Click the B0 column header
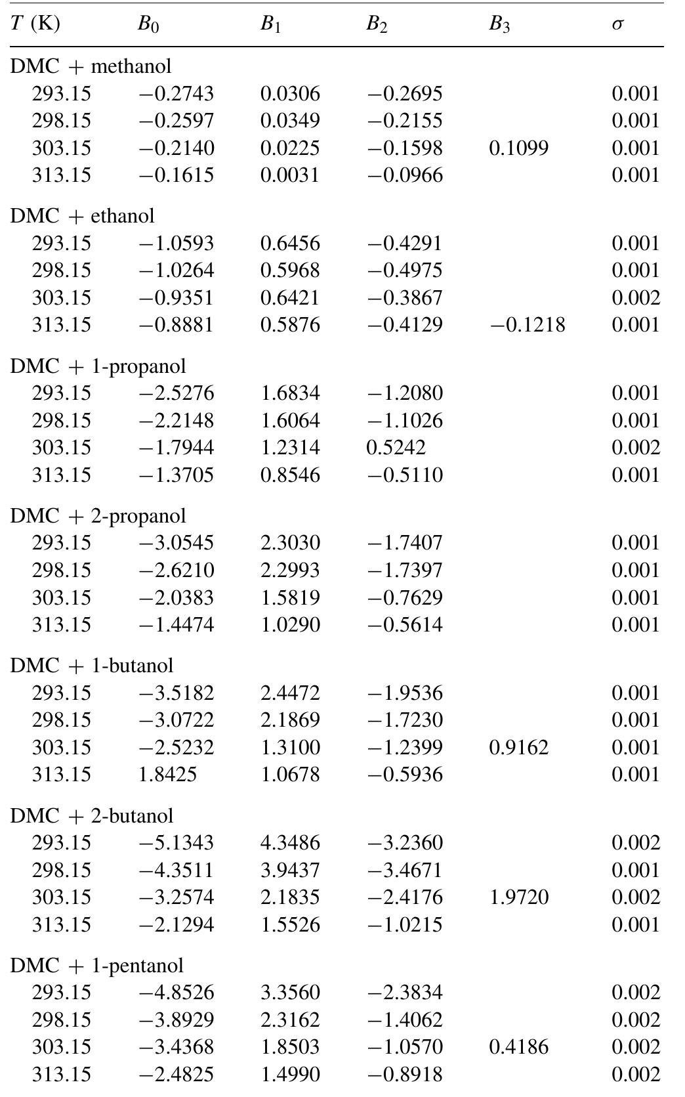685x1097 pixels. coord(148,24)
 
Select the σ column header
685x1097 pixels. coord(617,24)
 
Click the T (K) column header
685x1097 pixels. coord(35,24)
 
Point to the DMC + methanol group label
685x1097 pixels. coord(91,66)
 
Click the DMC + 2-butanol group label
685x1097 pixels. coord(92,816)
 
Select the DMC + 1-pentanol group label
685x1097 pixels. coord(97,966)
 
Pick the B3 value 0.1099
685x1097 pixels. coord(518,148)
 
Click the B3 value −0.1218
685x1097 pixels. coord(527,325)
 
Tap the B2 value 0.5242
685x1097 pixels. coord(396,448)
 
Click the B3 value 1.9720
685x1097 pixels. coord(518,897)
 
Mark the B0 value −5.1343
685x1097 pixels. coord(176,843)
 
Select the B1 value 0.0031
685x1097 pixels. coord(290,175)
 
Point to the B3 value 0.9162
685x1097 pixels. coord(518,748)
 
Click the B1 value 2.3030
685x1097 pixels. coord(290,543)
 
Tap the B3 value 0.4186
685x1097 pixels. coord(518,1047)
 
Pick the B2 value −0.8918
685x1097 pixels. coord(404,1075)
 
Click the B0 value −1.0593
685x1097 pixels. coord(176,244)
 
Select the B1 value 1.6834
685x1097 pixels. coord(290,393)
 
